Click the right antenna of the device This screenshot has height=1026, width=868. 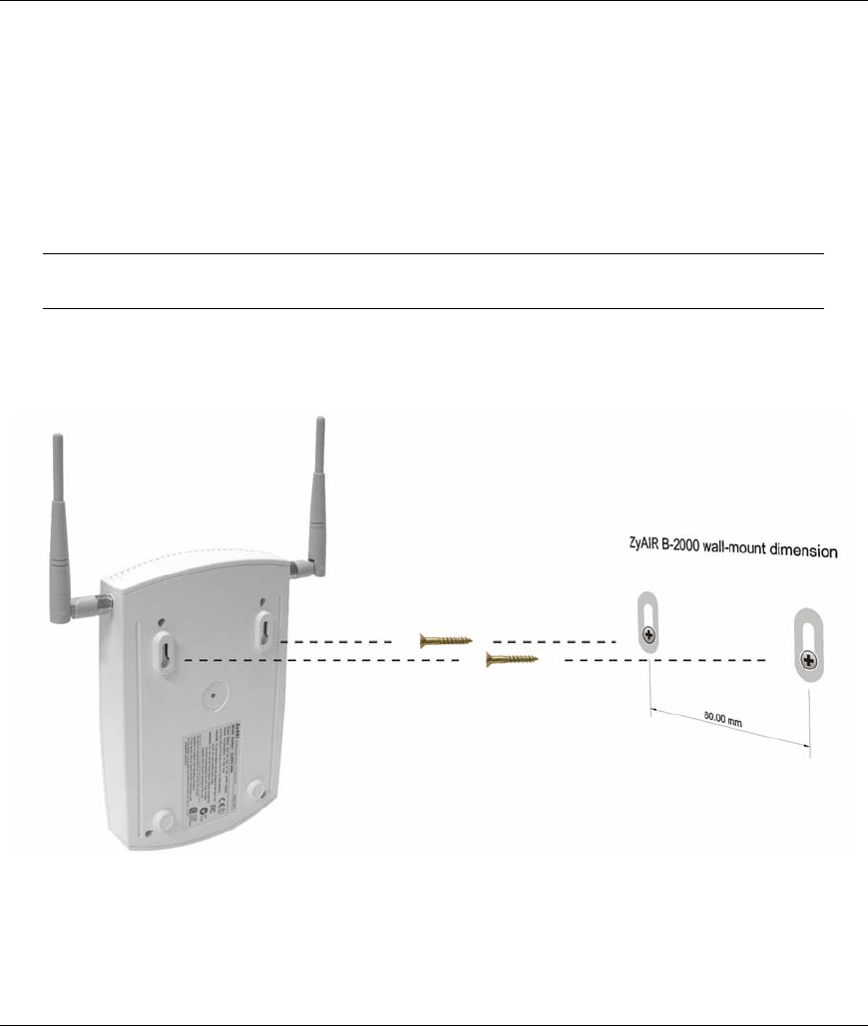pyautogui.click(x=318, y=489)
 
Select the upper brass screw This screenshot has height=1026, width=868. pyautogui.click(x=444, y=641)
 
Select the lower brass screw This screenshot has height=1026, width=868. pyautogui.click(x=511, y=659)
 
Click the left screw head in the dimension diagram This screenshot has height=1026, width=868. pyautogui.click(x=650, y=634)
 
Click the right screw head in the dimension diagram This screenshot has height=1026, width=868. pyautogui.click(x=809, y=659)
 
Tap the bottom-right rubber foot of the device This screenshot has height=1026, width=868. pyautogui.click(x=257, y=787)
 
